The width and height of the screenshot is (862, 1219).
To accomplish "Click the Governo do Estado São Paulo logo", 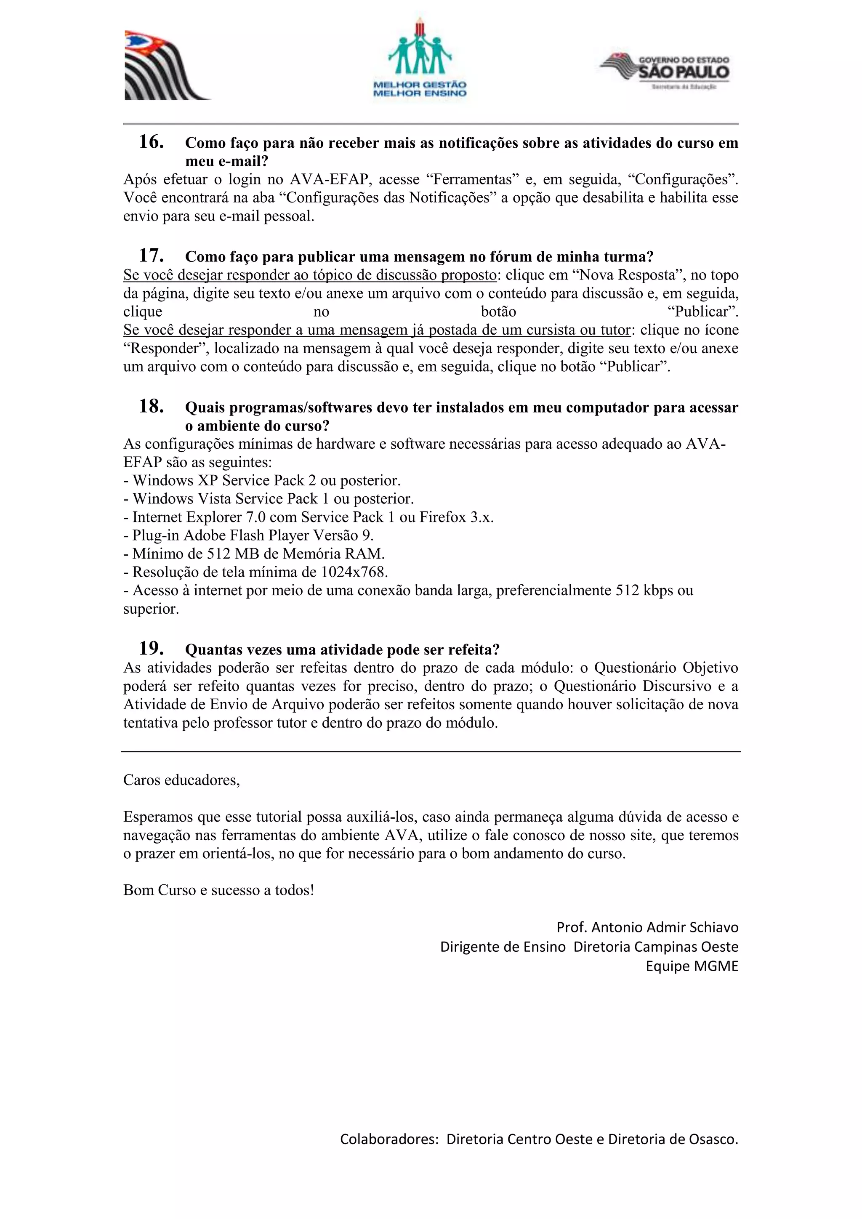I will point(665,71).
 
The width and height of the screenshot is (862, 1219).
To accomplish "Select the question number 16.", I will point(151,142).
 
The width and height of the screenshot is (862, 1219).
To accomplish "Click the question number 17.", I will point(151,256).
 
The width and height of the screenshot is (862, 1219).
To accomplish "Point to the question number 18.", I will point(151,407).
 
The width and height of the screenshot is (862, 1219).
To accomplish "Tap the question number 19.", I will point(151,649).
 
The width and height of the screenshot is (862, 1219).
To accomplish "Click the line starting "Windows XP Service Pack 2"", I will point(262,480).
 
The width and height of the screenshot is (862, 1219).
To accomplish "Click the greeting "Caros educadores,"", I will point(181,780).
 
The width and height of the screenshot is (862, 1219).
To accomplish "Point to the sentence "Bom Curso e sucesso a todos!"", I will point(219,890).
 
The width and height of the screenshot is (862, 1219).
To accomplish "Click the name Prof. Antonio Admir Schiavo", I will point(647,927).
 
